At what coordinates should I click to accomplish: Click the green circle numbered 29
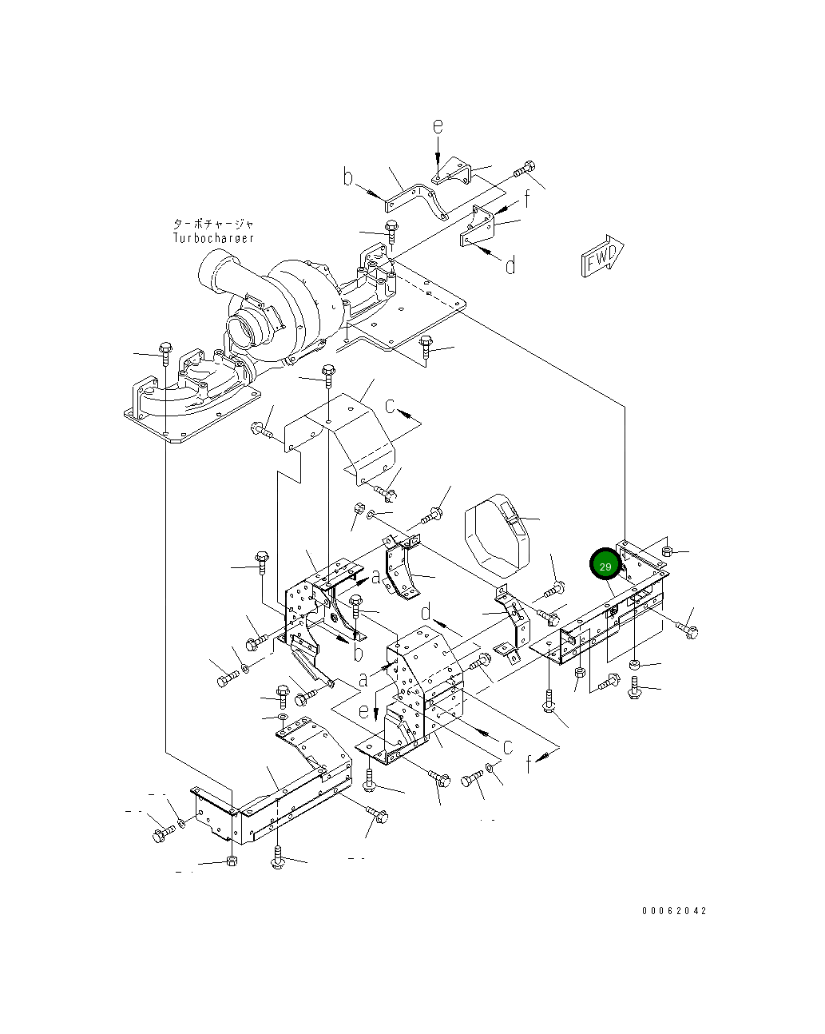pyautogui.click(x=605, y=565)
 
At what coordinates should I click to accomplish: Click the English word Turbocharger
pyautogui.click(x=213, y=237)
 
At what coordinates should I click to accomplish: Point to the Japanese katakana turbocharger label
pyautogui.click(x=213, y=224)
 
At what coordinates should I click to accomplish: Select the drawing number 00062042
pyautogui.click(x=673, y=910)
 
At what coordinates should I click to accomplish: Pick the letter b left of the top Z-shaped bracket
pyautogui.click(x=348, y=177)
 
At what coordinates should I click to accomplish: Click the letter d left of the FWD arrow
pyautogui.click(x=510, y=264)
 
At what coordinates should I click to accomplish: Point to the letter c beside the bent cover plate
pyautogui.click(x=391, y=406)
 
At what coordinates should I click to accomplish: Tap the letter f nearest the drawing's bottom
pyautogui.click(x=530, y=765)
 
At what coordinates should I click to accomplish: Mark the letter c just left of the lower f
pyautogui.click(x=506, y=746)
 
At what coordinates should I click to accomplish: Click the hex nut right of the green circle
pyautogui.click(x=668, y=551)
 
